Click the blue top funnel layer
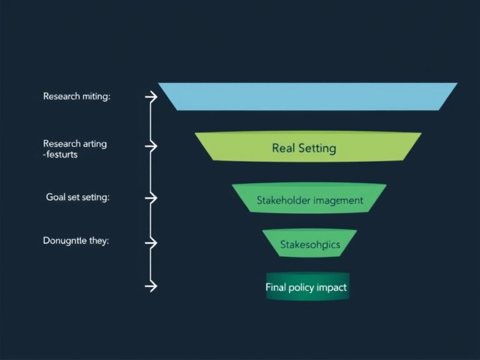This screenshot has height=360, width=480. click(x=307, y=96)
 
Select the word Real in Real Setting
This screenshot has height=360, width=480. click(x=284, y=148)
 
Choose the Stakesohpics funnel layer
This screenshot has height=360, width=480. click(x=310, y=244)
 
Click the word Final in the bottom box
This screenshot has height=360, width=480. click(x=277, y=288)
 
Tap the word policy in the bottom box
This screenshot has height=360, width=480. click(x=304, y=288)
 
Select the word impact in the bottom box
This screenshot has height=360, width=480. click(x=333, y=288)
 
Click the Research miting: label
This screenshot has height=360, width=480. click(x=76, y=96)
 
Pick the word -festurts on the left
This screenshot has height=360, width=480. click(x=61, y=154)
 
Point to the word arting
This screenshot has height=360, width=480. click(x=93, y=144)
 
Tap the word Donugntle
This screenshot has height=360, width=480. click(x=65, y=241)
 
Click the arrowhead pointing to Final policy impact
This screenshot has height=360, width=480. click(x=152, y=286)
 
